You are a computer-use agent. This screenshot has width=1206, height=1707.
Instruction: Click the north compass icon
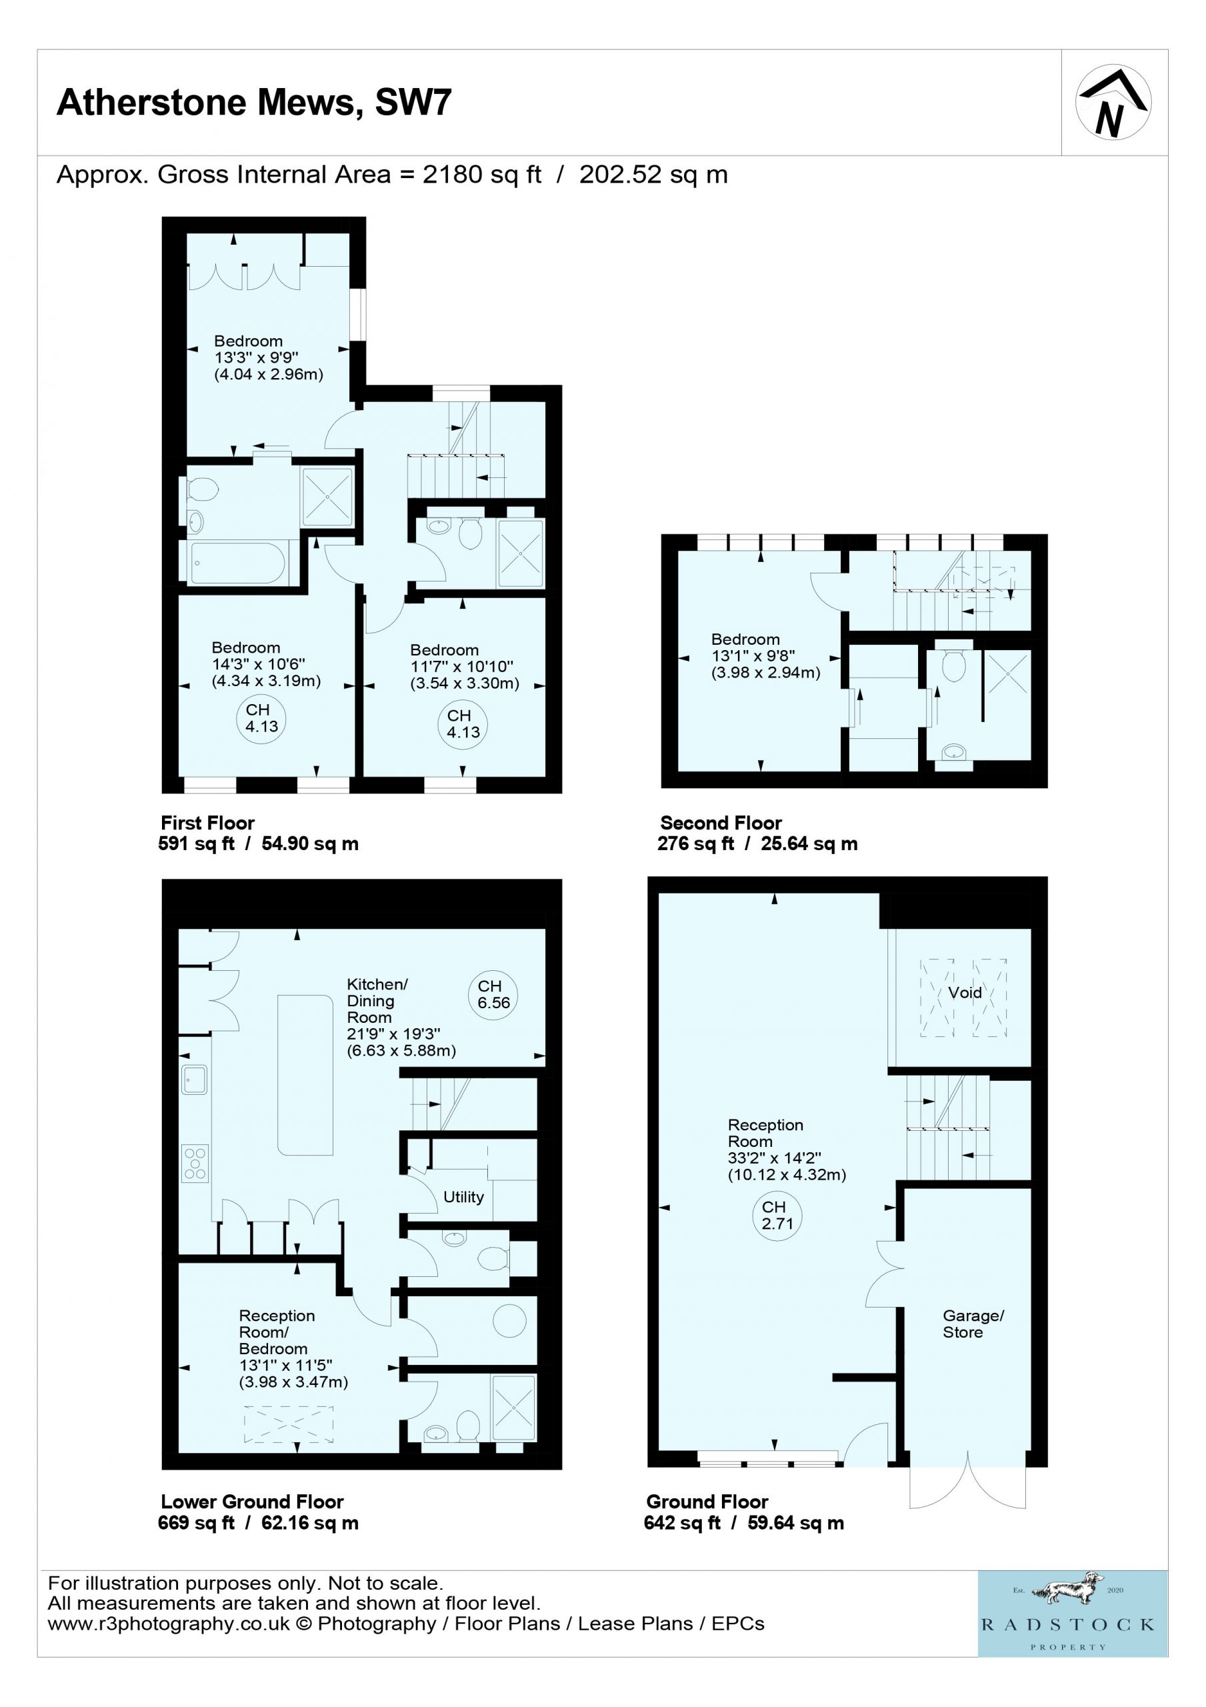coord(1113,103)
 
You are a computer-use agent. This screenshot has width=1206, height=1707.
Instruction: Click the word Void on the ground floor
coord(965,993)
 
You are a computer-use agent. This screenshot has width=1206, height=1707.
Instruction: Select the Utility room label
coord(463,1197)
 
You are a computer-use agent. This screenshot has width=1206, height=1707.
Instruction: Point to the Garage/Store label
coord(973,1324)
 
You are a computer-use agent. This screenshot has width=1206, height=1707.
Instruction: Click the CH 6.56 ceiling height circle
coord(493,995)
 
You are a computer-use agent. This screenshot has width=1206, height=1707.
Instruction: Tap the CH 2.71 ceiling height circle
coord(777,1216)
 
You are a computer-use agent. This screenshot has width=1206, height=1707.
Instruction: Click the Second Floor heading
coord(721,823)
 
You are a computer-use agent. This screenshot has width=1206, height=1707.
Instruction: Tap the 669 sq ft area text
coord(195,1522)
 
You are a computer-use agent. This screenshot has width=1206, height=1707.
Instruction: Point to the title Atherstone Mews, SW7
coord(254,102)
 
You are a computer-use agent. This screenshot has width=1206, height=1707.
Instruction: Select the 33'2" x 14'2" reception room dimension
coord(774,1158)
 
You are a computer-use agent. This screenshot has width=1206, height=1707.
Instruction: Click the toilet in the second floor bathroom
coord(953,665)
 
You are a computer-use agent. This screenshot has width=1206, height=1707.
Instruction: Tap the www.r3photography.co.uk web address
coord(169,1624)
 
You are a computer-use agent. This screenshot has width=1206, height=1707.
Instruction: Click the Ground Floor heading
coord(707,1502)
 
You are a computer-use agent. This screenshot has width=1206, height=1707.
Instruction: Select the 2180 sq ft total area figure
coord(482,175)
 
